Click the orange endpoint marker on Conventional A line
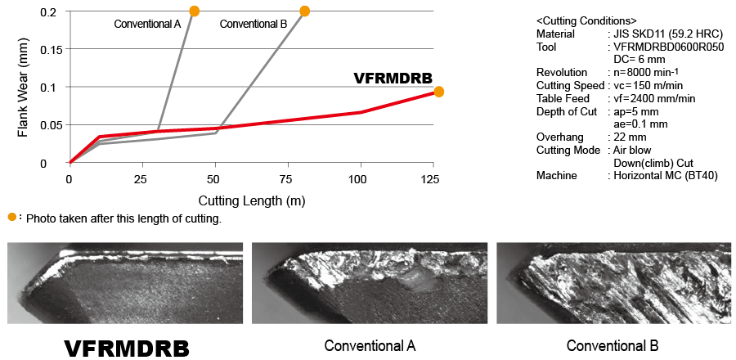pyautogui.click(x=194, y=11)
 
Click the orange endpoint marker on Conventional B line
pyautogui.click(x=305, y=11)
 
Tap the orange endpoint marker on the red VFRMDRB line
pyautogui.click(x=438, y=92)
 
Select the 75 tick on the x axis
pyautogui.click(x=287, y=179)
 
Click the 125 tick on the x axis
pyautogui.click(x=432, y=179)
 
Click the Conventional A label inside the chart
pyautogui.click(x=147, y=24)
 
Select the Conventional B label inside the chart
pyautogui.click(x=253, y=24)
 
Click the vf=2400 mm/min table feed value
pyautogui.click(x=657, y=98)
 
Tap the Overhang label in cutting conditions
pyautogui.click(x=559, y=137)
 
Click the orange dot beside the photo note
pyautogui.click(x=12, y=217)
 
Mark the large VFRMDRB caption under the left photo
pyautogui.click(x=127, y=347)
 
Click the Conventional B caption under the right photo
pyautogui.click(x=613, y=345)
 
